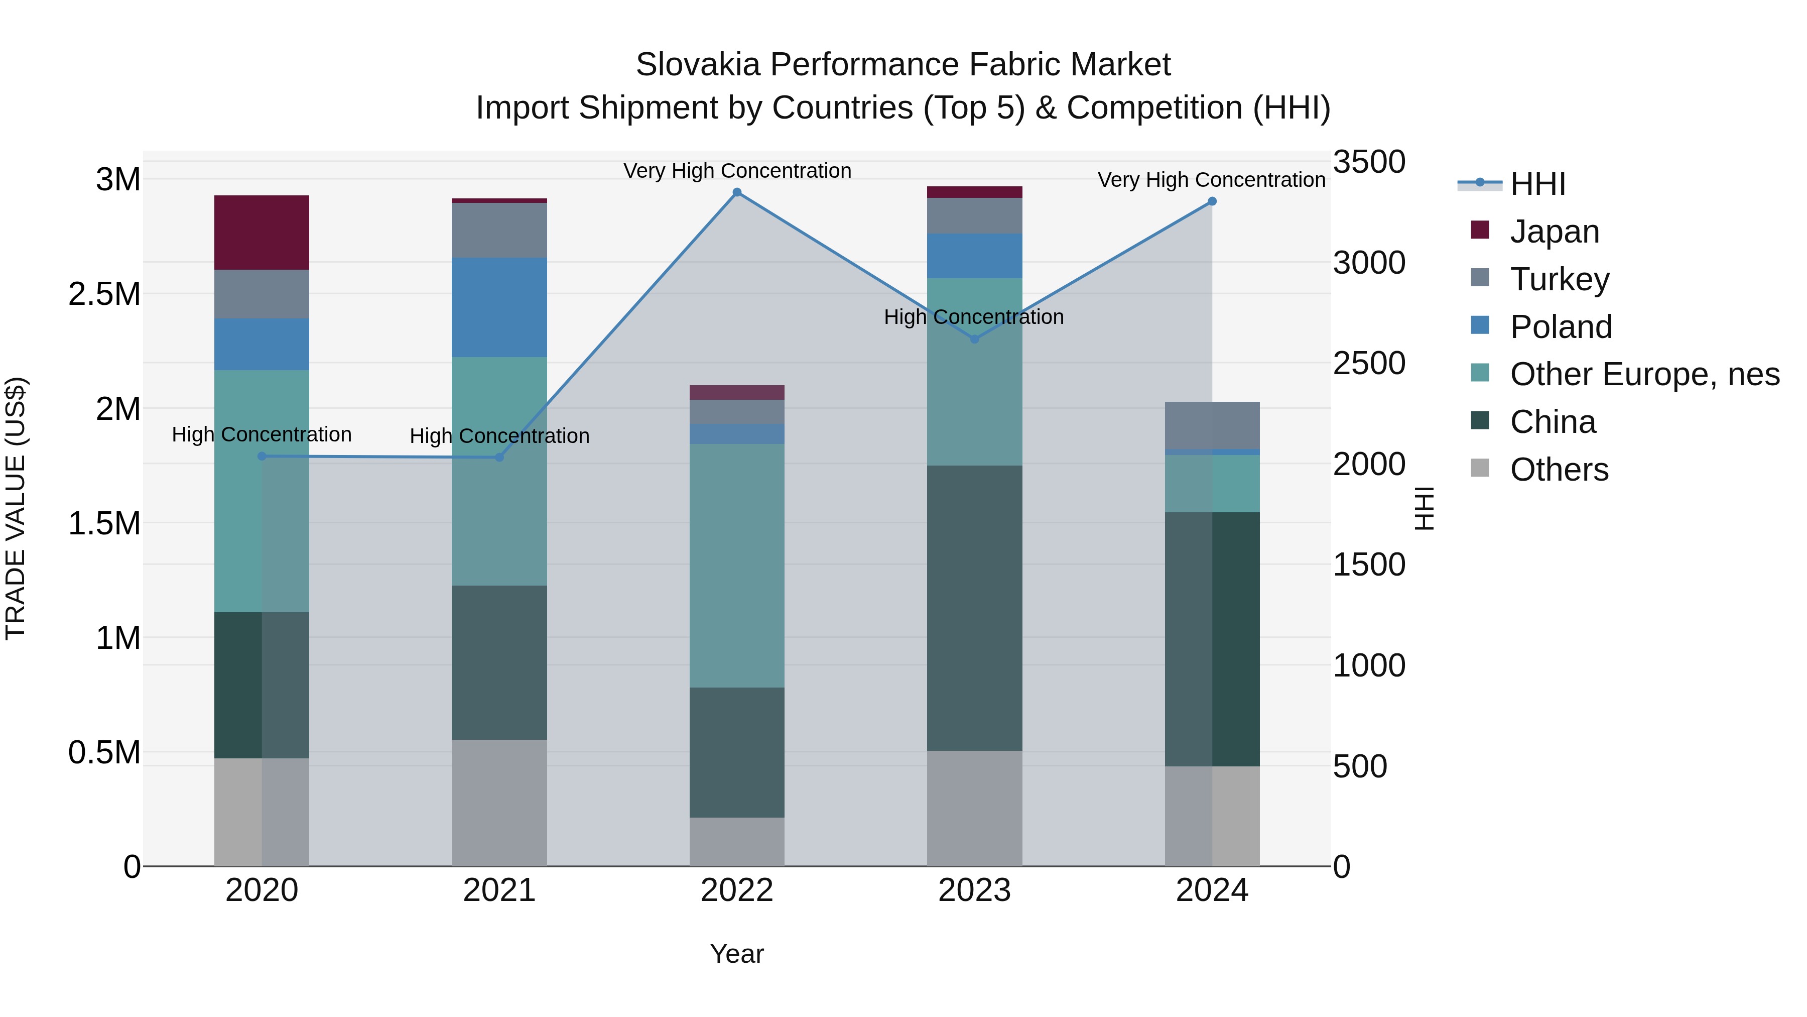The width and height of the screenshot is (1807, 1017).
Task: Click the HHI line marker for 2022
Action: [736, 192]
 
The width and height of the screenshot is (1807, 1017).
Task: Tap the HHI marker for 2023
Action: [974, 339]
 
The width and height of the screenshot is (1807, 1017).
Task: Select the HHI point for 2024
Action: [1212, 201]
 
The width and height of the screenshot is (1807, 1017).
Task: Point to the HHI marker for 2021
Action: [499, 458]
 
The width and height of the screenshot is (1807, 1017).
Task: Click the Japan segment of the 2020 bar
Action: [262, 233]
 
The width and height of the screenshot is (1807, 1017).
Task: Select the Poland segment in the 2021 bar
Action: [499, 307]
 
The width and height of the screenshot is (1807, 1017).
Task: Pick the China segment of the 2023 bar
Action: [974, 608]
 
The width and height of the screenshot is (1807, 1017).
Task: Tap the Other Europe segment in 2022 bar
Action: [736, 565]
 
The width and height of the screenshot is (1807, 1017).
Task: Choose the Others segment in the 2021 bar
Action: [499, 802]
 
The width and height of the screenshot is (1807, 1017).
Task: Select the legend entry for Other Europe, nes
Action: [1644, 374]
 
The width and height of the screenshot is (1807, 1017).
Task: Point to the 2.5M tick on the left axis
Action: [104, 294]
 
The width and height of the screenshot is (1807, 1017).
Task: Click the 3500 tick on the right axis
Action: [1369, 162]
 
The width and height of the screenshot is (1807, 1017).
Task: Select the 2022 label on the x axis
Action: [736, 890]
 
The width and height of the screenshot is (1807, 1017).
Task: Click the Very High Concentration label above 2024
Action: [1212, 180]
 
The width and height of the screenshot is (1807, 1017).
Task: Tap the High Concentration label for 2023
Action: [974, 317]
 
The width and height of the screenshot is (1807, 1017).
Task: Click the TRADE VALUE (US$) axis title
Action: [16, 508]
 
